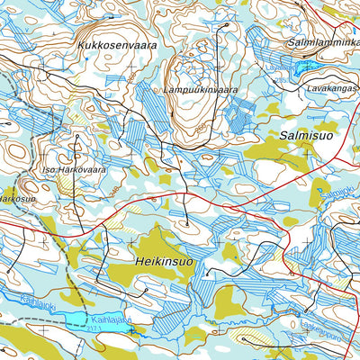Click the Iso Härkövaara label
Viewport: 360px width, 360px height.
[x=74, y=168]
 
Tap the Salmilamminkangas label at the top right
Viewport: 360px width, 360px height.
[x=324, y=42]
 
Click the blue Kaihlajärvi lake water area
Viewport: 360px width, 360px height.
[x=76, y=320]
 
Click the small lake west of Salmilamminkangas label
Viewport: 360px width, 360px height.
[x=303, y=66]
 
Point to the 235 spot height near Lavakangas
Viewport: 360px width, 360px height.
[x=281, y=79]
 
